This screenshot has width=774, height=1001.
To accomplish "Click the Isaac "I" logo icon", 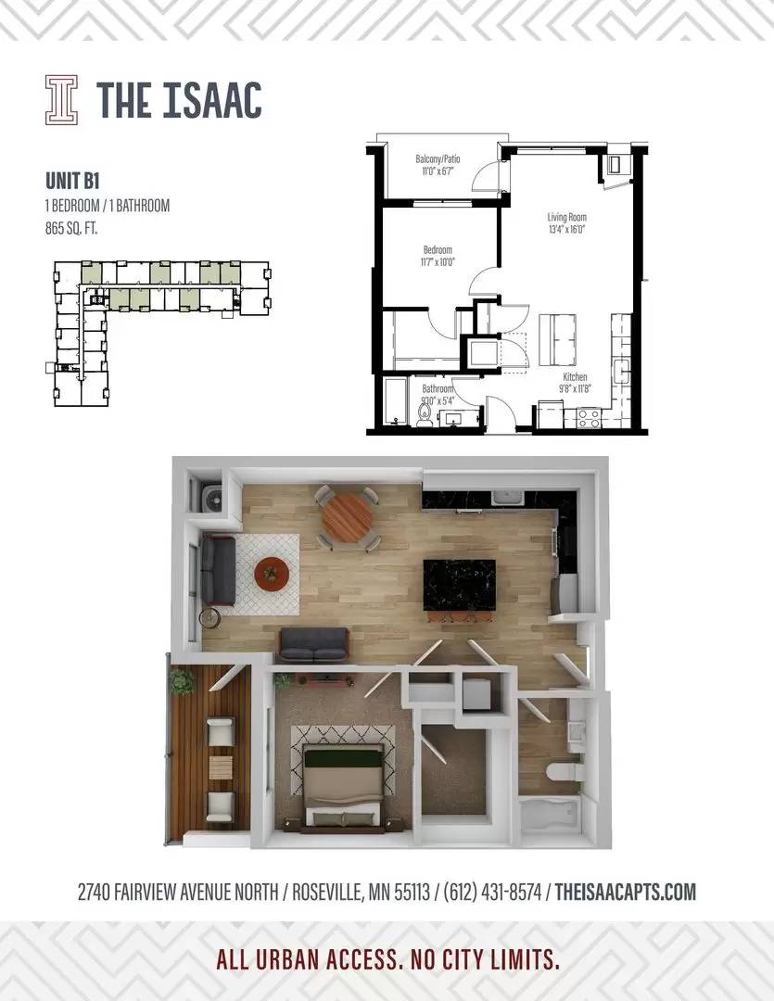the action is (x=61, y=99).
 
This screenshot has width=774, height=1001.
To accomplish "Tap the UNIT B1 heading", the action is (x=72, y=181).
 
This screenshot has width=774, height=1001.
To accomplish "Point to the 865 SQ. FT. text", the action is (x=70, y=228).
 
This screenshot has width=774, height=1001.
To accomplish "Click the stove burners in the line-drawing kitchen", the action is (x=589, y=418).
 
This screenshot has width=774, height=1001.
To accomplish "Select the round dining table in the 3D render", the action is (x=347, y=517).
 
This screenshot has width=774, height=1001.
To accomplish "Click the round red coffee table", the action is (x=272, y=573).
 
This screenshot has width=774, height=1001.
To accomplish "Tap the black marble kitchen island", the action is (x=459, y=586).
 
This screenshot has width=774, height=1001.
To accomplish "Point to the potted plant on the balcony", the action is (x=182, y=680).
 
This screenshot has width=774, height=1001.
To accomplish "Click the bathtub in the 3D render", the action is (x=550, y=816).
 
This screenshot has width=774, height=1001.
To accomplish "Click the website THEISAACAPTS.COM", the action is (x=625, y=892).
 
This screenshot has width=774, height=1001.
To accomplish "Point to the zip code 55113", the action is (x=412, y=892).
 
